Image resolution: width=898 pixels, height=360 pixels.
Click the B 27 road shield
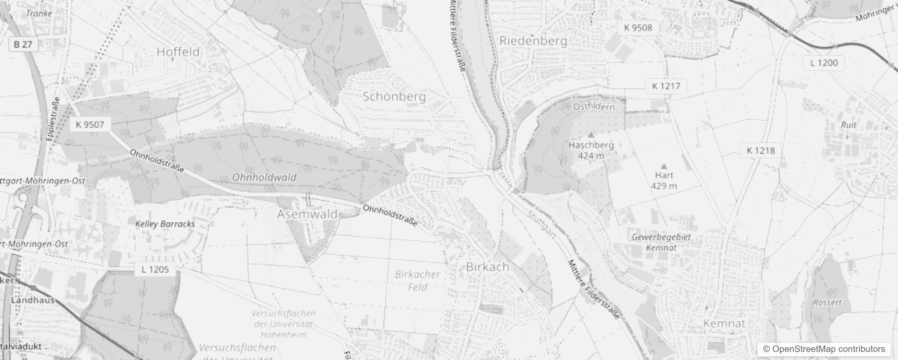pyautogui.click(x=23, y=44)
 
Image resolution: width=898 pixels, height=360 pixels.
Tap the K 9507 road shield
pyautogui.click(x=90, y=125)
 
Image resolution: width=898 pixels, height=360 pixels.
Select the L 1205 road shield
pyautogui.click(x=155, y=270)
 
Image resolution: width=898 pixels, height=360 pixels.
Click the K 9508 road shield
pyautogui.click(x=638, y=28)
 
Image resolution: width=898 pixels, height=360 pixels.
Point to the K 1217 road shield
pyautogui.click(x=666, y=86)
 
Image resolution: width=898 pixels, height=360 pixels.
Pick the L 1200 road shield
pyautogui.click(x=824, y=63)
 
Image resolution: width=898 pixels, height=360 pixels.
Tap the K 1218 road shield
pyautogui.click(x=761, y=150)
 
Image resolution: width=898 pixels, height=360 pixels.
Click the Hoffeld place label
pyautogui.click(x=178, y=52)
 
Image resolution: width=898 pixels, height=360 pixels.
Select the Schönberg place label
pyautogui.click(x=394, y=96)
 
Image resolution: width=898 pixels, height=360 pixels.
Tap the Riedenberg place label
pyautogui.click(x=533, y=41)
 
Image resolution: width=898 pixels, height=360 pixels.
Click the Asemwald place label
pyautogui.click(x=307, y=214)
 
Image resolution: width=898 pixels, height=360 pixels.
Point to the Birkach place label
pyautogui.click(x=488, y=267)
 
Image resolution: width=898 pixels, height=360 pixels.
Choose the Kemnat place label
pyautogui.click(x=724, y=324)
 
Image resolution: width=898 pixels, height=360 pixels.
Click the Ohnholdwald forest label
pyautogui.click(x=264, y=177)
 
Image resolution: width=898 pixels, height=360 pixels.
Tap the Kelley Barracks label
pyautogui.click(x=165, y=224)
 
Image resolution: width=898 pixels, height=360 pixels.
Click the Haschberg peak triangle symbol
pyautogui.click(x=591, y=135)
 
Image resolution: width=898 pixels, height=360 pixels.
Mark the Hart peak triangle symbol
pyautogui.click(x=664, y=166)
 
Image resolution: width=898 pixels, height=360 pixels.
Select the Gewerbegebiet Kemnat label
pyautogui.click(x=661, y=242)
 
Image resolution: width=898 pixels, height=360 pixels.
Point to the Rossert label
pyautogui.click(x=827, y=302)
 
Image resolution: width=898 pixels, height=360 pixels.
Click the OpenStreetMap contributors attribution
pyautogui.click(x=823, y=349)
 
